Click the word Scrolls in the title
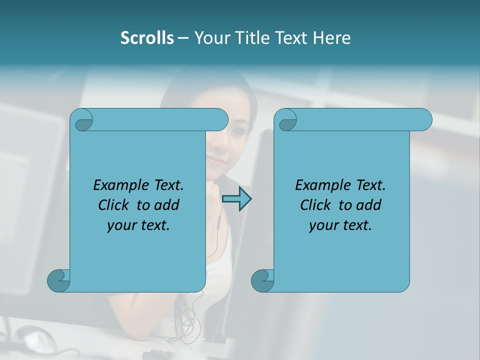(147, 38)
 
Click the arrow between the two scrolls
(236, 199)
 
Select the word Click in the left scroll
(115, 205)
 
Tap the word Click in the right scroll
(317, 205)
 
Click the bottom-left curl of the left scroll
(58, 280)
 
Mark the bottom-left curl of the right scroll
(262, 280)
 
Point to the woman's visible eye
(239, 131)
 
